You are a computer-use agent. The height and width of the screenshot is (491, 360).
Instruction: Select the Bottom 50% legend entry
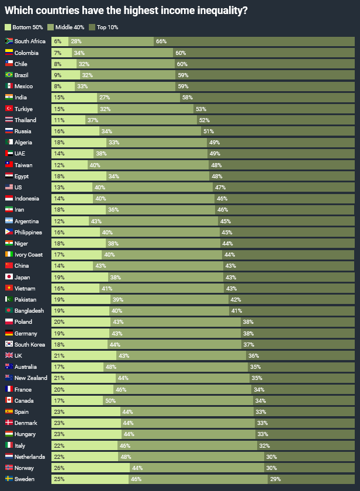pos(24,27)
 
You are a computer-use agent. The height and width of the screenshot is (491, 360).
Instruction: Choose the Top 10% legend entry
pos(107,27)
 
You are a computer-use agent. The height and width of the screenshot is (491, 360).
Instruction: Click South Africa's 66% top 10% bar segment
pos(254,41)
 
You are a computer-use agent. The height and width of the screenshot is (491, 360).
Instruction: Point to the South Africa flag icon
pos(9,41)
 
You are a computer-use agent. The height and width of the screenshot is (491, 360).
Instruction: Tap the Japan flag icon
pos(9,277)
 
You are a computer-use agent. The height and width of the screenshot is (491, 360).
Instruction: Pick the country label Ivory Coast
pos(28,254)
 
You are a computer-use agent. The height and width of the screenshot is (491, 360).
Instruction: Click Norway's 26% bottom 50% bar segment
pos(91,468)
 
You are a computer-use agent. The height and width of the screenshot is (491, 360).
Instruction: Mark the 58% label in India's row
pos(187,97)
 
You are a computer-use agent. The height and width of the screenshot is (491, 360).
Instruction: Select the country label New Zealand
pos(31,378)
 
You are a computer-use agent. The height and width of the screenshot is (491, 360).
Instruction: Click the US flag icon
pos(9,187)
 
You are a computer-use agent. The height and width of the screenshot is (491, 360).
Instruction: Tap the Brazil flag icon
pos(9,75)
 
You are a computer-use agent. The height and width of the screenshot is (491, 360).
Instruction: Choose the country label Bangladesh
pos(29,310)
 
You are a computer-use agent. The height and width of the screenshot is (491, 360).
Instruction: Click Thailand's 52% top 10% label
pos(204,120)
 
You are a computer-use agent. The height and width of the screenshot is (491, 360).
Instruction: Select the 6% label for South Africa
pos(57,41)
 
